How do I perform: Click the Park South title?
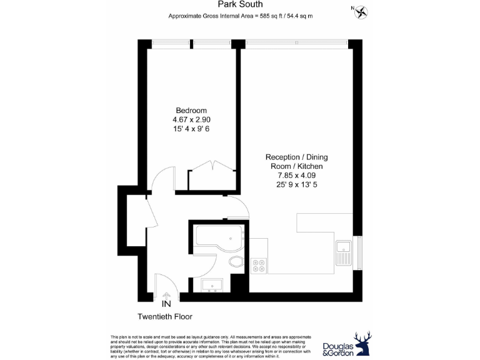click(x=240, y=4)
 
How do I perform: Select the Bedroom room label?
click(x=191, y=111)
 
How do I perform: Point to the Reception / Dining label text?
click(x=296, y=157)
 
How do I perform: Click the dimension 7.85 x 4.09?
click(x=296, y=176)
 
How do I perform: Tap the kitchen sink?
click(x=343, y=252)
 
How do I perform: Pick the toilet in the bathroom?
click(x=236, y=262)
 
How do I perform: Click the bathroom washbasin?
click(x=214, y=286)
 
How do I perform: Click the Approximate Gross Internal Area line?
click(x=240, y=16)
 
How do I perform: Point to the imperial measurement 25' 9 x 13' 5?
click(x=296, y=186)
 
